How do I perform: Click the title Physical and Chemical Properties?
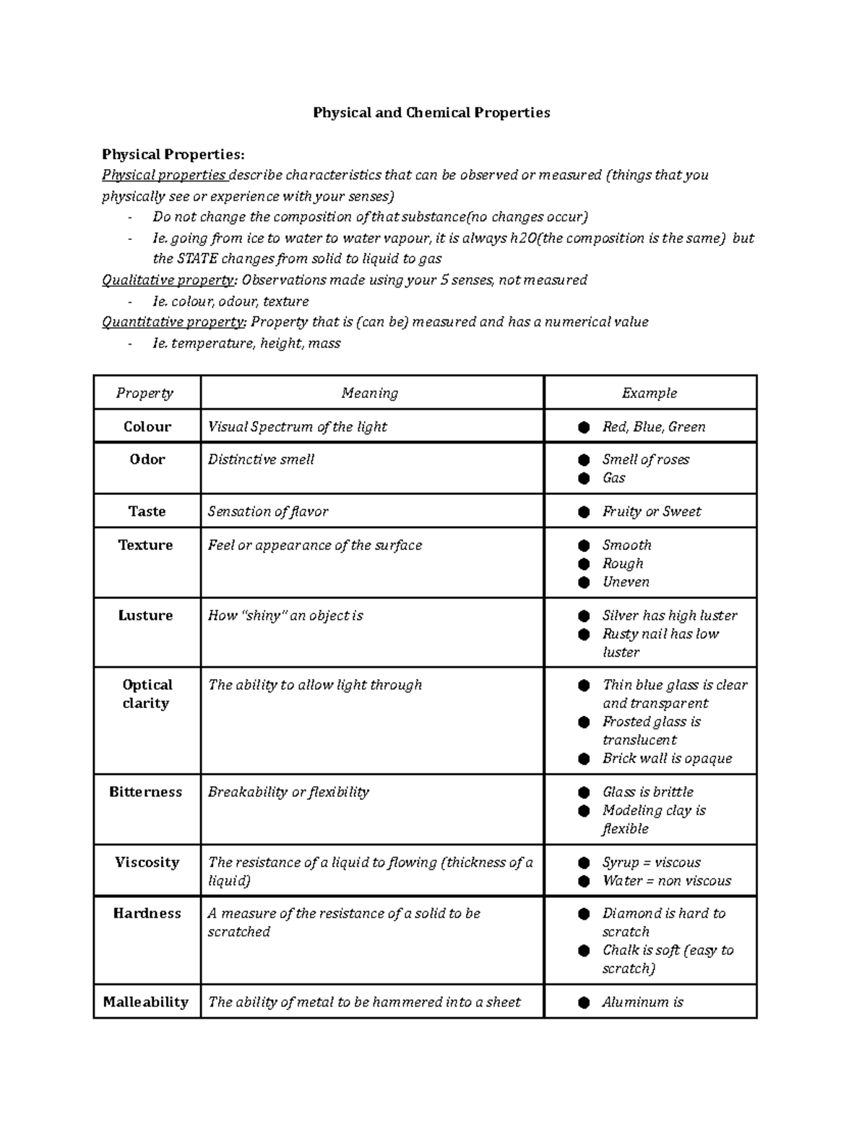click(431, 113)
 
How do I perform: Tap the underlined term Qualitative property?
click(169, 280)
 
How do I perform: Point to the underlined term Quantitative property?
click(173, 322)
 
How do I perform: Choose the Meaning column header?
click(369, 393)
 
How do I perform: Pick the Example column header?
click(649, 393)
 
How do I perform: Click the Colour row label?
click(147, 427)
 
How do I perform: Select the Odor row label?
click(147, 459)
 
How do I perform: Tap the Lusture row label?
click(145, 616)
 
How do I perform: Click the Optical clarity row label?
click(147, 694)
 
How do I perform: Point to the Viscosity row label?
click(147, 863)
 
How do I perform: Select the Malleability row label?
click(145, 1002)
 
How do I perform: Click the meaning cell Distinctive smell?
click(261, 459)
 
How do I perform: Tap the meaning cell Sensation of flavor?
click(267, 512)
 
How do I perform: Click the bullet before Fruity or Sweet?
click(584, 512)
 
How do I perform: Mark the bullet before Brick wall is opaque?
click(584, 759)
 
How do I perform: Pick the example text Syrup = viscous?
click(651, 863)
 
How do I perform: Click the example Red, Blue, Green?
click(653, 427)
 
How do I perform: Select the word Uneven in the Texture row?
click(626, 582)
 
